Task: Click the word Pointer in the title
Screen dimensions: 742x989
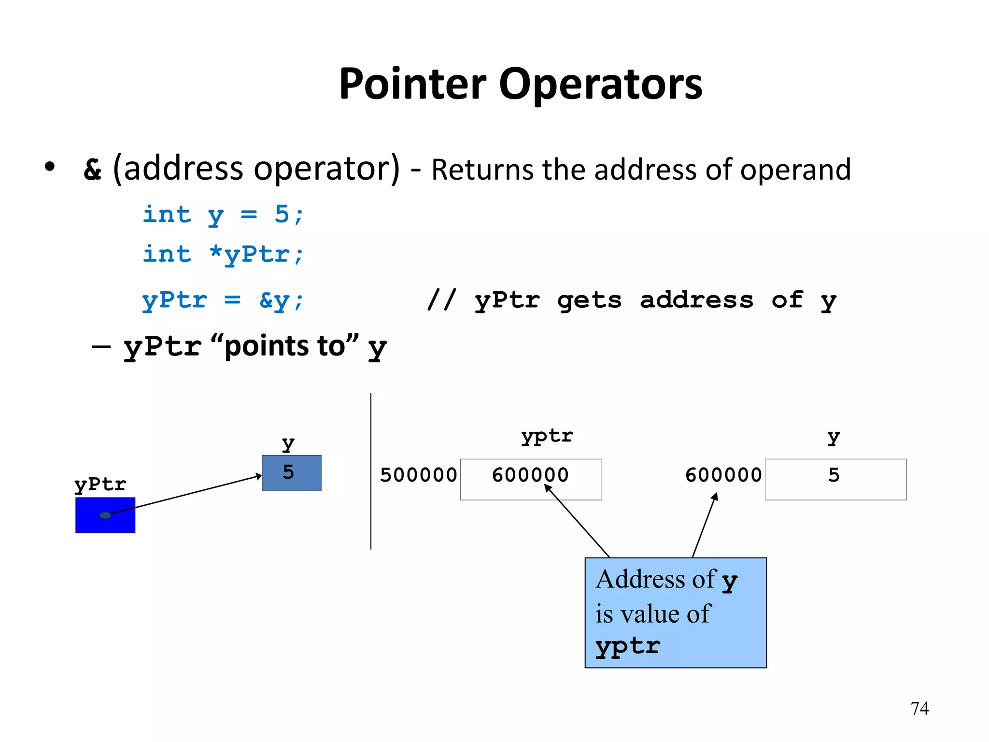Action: coord(412,85)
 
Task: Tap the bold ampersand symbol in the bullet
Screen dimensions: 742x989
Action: coord(93,170)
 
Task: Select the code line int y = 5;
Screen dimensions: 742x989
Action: coord(223,214)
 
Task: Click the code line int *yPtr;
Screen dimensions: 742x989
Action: coord(223,255)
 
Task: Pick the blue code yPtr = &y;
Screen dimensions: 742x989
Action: coord(223,300)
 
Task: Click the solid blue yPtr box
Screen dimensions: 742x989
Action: coord(87,524)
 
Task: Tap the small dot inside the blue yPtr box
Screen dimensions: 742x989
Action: coord(105,515)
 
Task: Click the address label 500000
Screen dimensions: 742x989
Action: coord(418,475)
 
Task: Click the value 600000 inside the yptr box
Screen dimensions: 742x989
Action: coord(530,475)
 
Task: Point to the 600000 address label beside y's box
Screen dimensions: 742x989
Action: coord(723,475)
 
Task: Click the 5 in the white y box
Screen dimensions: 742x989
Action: coord(834,475)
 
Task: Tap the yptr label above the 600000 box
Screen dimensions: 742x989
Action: coord(547,437)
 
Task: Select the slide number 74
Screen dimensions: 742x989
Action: coord(919,709)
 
